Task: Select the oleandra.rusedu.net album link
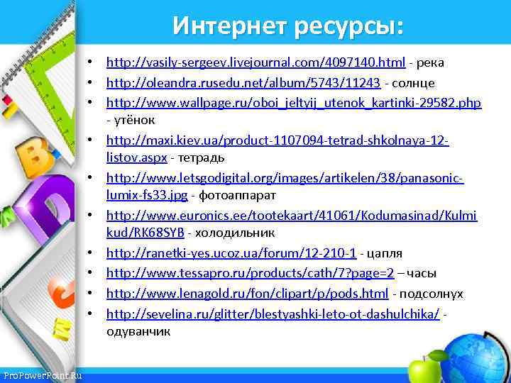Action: [243, 83]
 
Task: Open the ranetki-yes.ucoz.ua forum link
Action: [231, 252]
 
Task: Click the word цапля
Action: [383, 252]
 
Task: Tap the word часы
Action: [427, 273]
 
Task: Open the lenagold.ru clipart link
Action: [247, 293]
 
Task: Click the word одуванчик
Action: [138, 331]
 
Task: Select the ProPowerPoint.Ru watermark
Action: [42, 374]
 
